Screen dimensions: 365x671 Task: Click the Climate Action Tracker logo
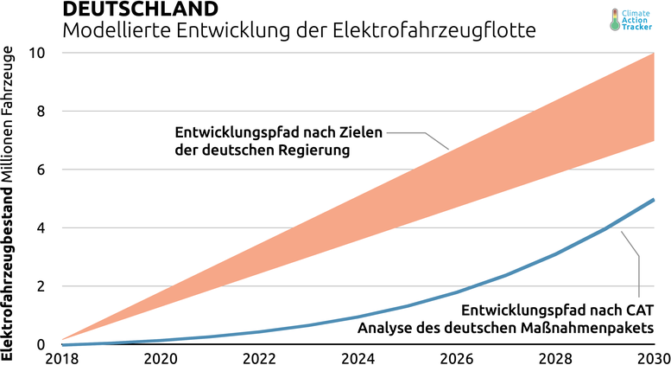point(636,20)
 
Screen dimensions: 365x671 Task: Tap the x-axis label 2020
point(160,356)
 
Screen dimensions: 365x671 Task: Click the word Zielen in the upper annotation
point(360,133)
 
